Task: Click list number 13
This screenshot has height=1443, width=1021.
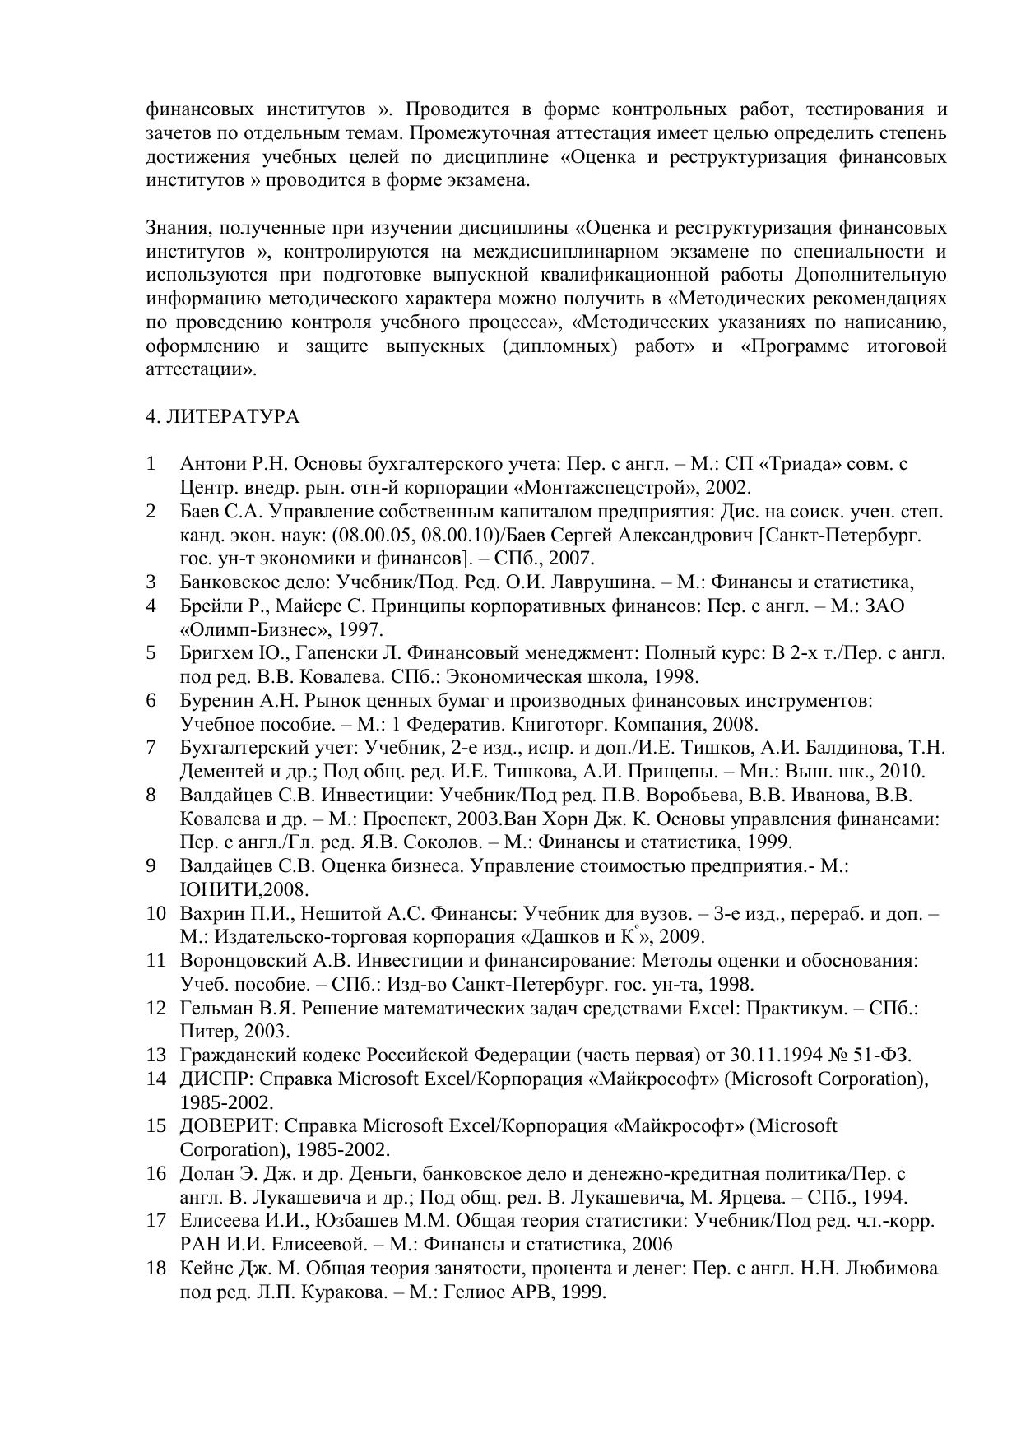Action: [x=156, y=1056]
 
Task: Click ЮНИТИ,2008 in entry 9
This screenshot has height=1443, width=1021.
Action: [x=244, y=890]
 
